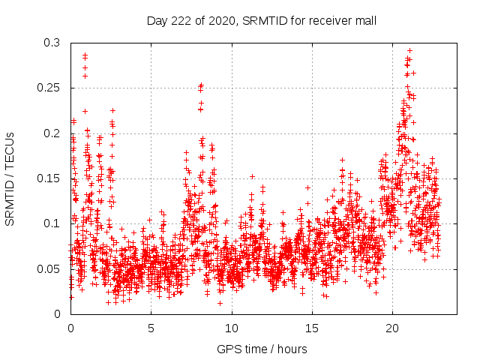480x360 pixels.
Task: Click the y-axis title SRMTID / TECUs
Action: [10, 178]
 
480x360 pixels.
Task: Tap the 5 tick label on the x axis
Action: [151, 328]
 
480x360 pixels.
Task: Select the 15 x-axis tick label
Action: [311, 328]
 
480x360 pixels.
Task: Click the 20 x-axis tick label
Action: [391, 328]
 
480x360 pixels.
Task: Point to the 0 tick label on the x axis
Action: [70, 328]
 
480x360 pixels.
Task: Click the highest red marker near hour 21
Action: [409, 50]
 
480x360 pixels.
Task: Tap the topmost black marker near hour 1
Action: [85, 55]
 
